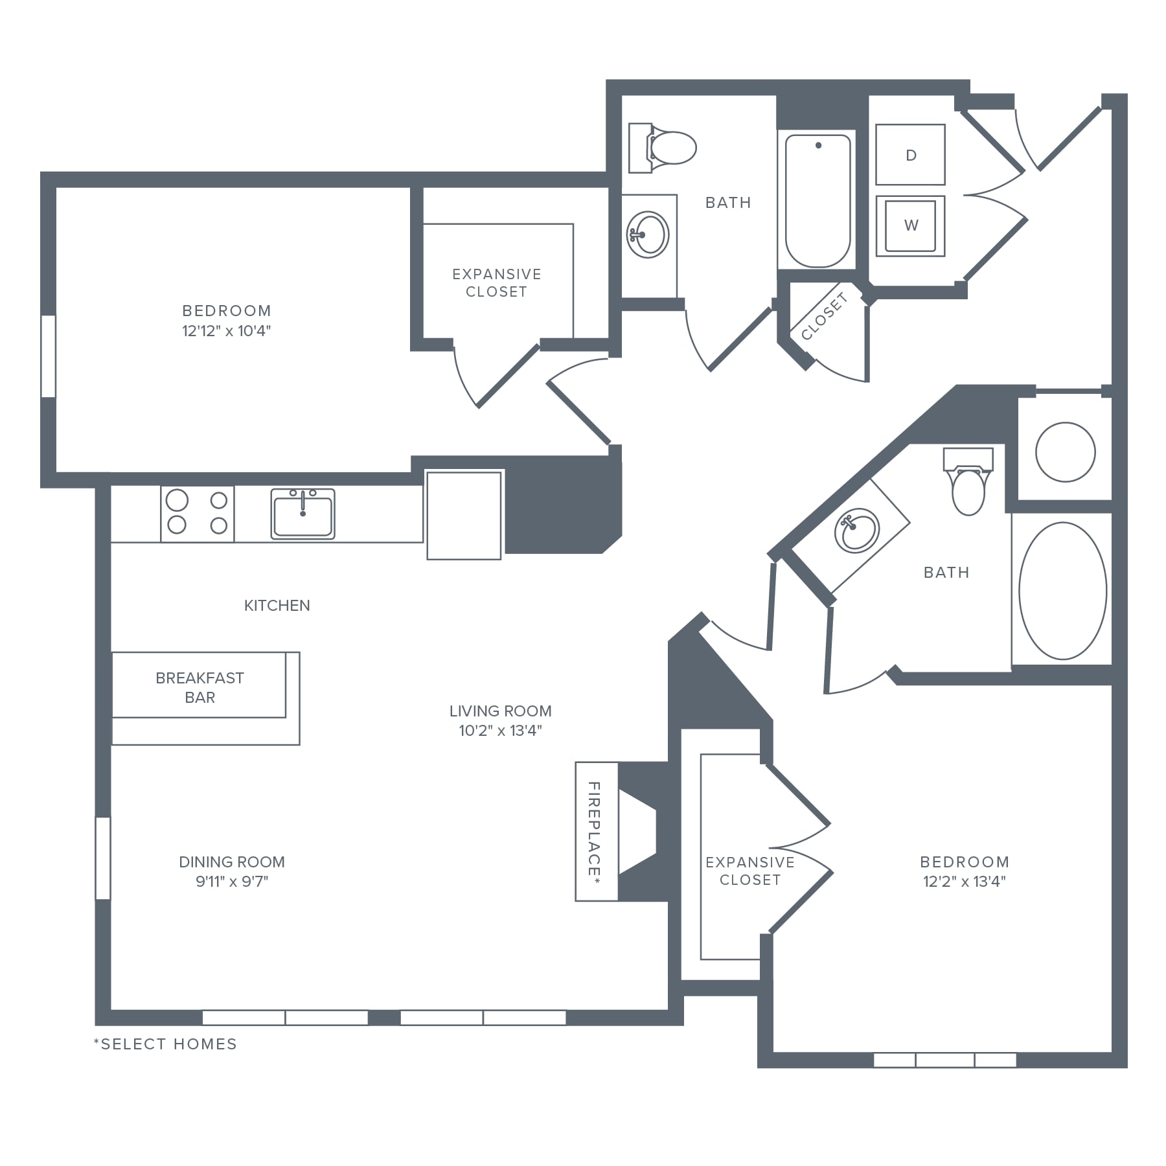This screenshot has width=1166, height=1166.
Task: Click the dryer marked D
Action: pos(910,155)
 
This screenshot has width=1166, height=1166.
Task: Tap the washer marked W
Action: pos(910,225)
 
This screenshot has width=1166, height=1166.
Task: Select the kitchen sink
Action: pos(303,514)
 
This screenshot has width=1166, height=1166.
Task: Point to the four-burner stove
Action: pos(198,513)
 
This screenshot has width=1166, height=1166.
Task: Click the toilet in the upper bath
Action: pos(662,148)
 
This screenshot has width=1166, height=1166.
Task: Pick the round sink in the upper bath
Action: pos(647,234)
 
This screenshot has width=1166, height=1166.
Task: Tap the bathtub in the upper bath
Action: pos(817,201)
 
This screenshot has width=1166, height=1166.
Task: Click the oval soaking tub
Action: pos(1062,591)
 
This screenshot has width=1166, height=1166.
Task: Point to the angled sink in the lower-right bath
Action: pos(856,531)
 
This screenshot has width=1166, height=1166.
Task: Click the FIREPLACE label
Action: pos(594,830)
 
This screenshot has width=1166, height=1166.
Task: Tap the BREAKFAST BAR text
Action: pos(200,687)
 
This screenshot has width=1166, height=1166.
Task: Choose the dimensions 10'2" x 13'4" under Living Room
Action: pos(500,731)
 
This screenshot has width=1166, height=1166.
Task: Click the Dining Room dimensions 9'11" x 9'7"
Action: pos(232,881)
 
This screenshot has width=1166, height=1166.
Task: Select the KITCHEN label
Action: pos(277,606)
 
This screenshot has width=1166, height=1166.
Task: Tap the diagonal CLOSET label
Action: pos(824,316)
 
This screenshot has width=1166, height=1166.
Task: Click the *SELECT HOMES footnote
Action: pos(165,1044)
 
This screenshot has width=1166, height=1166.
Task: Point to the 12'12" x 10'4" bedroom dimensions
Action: pos(226,331)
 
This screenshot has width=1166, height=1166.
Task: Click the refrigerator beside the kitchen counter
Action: pos(464,515)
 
